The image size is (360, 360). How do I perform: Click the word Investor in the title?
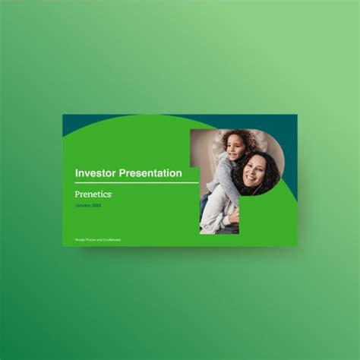pyautogui.click(x=95, y=173)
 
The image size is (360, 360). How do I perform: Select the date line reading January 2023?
pyautogui.click(x=87, y=206)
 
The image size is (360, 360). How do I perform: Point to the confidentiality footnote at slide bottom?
pyautogui.click(x=98, y=240)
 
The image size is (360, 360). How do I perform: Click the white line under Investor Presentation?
pyautogui.click(x=137, y=183)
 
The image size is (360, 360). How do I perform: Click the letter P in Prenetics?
pyautogui.click(x=77, y=194)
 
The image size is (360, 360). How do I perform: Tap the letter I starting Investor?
pyautogui.click(x=77, y=173)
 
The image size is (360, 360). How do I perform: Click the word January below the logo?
pyautogui.click(x=83, y=206)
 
